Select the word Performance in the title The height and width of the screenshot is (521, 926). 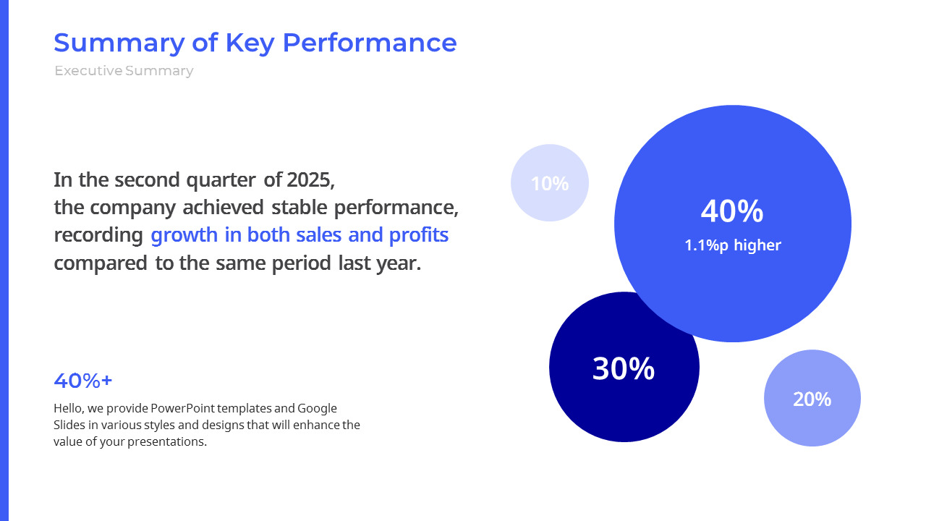point(369,43)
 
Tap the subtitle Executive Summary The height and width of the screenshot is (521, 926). point(124,71)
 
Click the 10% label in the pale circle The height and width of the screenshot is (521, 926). point(550,184)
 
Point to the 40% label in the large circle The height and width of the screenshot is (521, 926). point(732,211)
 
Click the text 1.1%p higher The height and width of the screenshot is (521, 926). point(733,245)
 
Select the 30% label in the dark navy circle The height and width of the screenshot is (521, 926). point(624,368)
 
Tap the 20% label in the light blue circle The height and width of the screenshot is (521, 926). point(812,399)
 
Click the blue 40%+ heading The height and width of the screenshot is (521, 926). point(83,381)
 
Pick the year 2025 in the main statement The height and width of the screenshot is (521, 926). point(310,179)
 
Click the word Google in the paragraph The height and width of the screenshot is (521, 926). point(317,408)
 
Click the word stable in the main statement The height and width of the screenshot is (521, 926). point(300,208)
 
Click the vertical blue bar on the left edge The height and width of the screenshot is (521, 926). point(4,260)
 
